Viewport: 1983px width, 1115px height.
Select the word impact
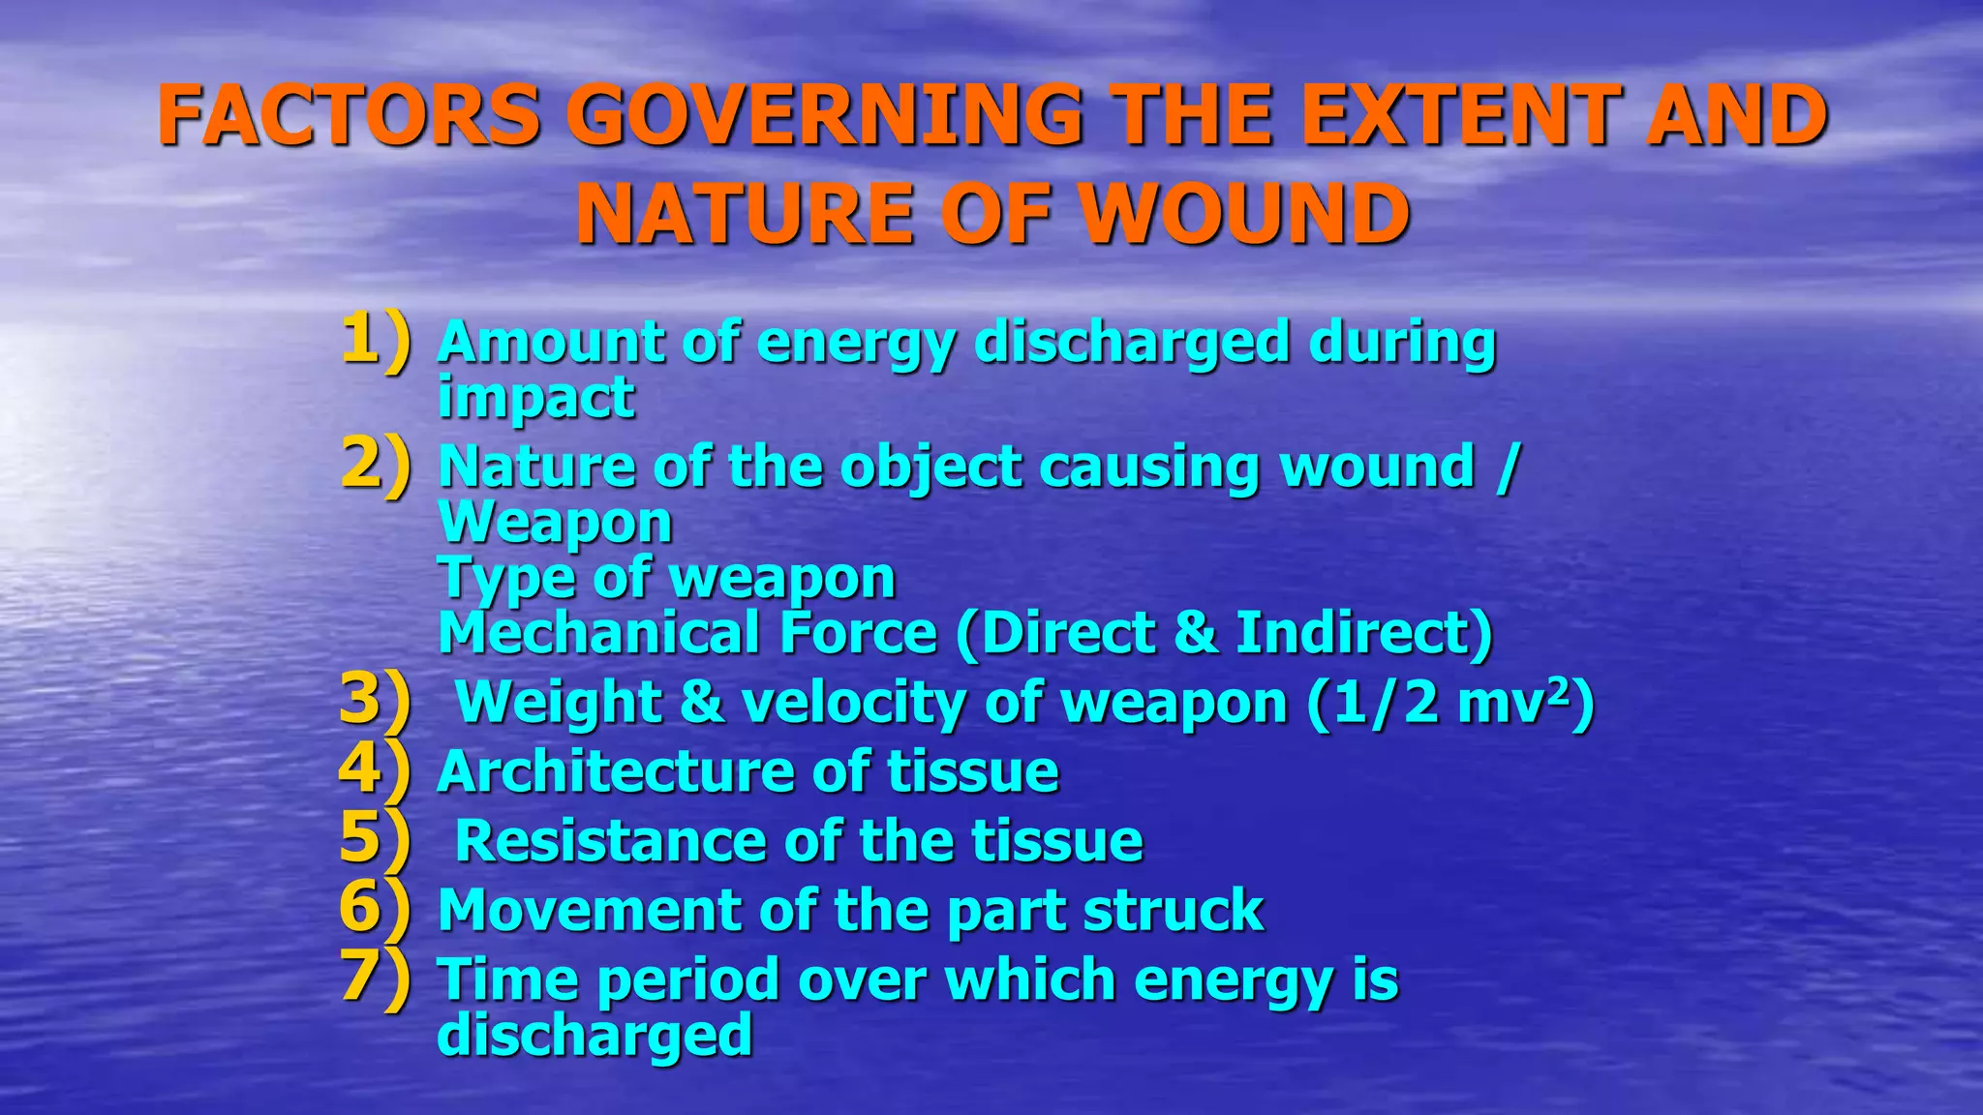535,397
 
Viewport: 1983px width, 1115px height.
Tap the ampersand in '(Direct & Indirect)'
1195,633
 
